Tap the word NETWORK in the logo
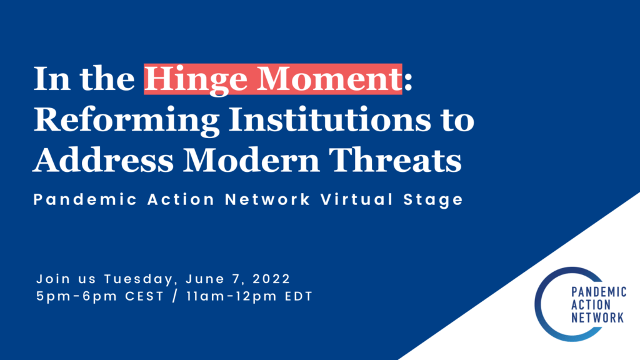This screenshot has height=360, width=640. (598, 317)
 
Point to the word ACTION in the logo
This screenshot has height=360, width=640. (591, 305)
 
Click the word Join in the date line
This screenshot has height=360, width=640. (51, 277)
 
